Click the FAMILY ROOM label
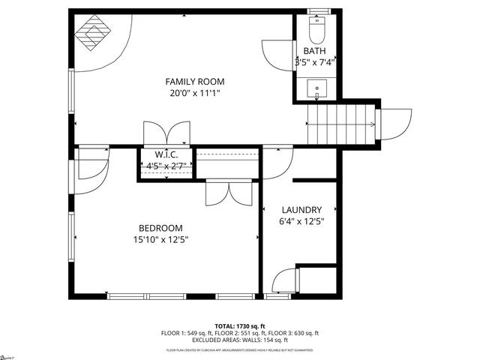195,81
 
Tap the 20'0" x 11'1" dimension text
195,93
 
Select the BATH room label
314,51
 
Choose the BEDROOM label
160,228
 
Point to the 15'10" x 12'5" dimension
160,240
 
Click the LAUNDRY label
301,210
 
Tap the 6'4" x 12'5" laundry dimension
301,221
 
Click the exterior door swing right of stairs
395,124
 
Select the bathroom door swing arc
274,54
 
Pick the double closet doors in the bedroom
229,192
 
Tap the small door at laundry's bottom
283,281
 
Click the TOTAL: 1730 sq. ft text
239,326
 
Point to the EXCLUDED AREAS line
239,340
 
